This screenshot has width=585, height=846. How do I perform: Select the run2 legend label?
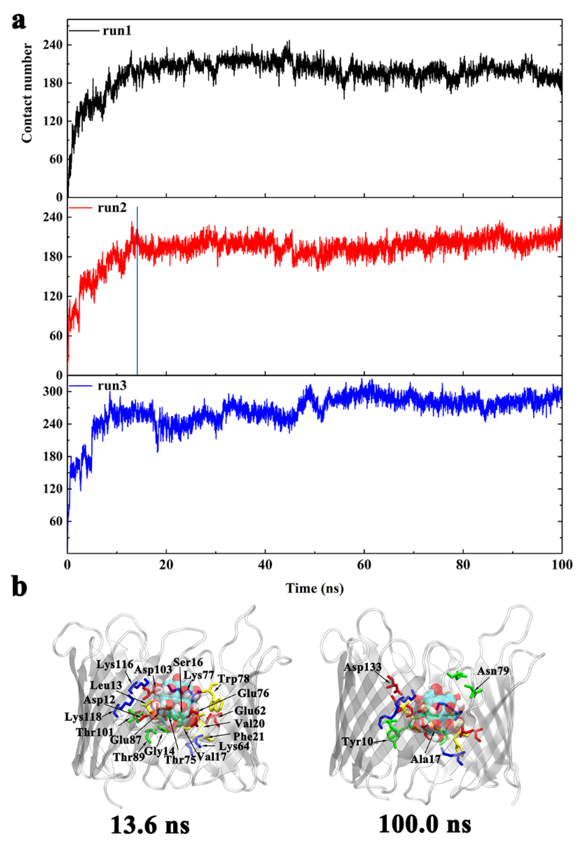112,208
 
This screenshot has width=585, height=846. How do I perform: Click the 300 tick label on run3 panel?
52,391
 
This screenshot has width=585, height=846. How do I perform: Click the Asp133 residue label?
363,668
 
